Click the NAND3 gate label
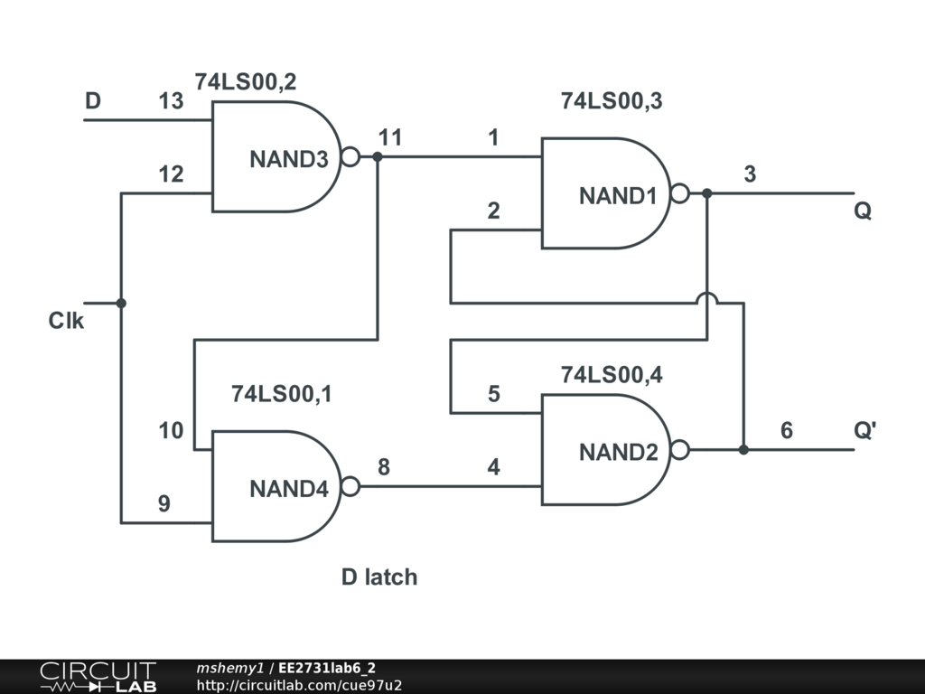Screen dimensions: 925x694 coord(288,159)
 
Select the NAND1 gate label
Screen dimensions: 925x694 coord(618,196)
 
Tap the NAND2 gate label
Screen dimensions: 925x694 coord(618,452)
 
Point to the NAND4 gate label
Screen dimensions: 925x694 coord(288,489)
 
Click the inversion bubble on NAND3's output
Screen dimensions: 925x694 coord(350,157)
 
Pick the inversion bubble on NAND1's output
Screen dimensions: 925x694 coord(679,193)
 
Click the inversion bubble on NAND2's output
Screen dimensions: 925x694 coord(679,450)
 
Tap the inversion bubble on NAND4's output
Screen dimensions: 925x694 coord(350,486)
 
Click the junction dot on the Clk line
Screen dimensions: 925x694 coord(121,304)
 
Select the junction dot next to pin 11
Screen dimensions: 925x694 coord(378,157)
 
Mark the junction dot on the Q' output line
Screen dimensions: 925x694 coord(743,450)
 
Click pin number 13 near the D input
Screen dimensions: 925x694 coord(171,101)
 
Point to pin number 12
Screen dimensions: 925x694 coord(171,174)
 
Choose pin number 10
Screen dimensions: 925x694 coord(171,430)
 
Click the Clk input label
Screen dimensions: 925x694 coord(66,321)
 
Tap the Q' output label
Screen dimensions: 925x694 coord(864,430)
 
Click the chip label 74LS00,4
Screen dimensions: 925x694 coord(612,375)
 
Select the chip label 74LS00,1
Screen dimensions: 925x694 coord(282,394)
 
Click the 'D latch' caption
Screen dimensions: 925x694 coord(379,577)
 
